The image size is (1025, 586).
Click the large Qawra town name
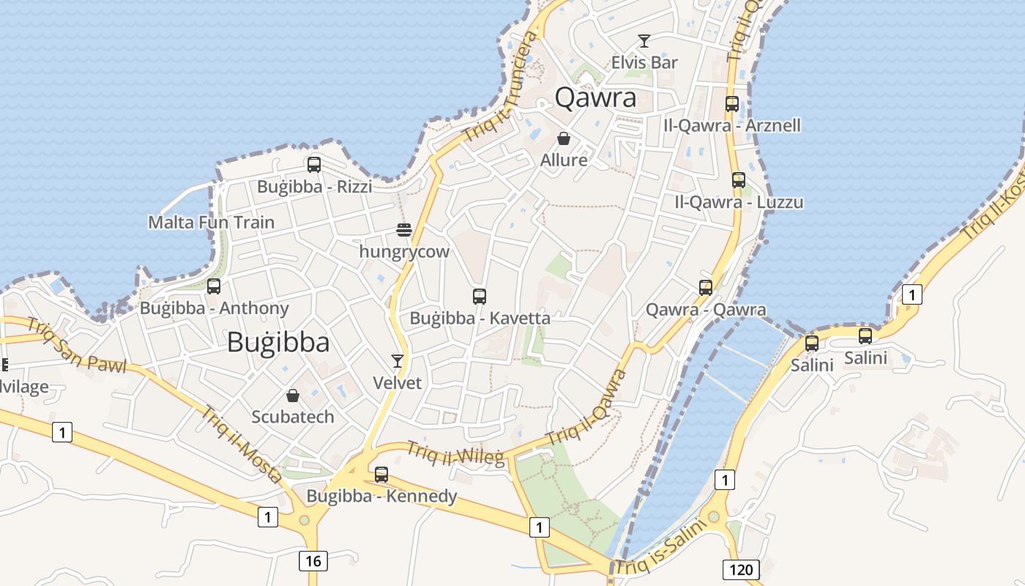coord(595,97)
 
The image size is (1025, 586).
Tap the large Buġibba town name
coord(278,342)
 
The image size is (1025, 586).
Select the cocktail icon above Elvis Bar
coord(644,41)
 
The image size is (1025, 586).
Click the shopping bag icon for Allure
coord(564,138)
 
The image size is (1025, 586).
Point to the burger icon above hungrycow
coord(404,230)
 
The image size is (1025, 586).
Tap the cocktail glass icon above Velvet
coord(398,360)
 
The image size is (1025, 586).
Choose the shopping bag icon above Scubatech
coord(293,396)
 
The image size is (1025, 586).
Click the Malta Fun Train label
coord(212,222)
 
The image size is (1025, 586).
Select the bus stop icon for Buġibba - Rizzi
coord(314,165)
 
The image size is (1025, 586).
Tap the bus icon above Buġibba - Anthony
coord(214,286)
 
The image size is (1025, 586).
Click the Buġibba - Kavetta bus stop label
coord(480,319)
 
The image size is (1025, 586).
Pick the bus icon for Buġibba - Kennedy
coord(381,475)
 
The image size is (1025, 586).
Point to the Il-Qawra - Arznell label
coord(731,125)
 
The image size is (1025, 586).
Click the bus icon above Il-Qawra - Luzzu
coord(739,180)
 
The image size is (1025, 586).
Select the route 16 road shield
coord(313,561)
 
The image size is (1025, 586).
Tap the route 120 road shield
coord(741,569)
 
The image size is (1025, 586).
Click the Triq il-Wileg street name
coord(455,453)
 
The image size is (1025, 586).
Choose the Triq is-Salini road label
coord(659,548)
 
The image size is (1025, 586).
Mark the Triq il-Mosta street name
coord(241,444)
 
